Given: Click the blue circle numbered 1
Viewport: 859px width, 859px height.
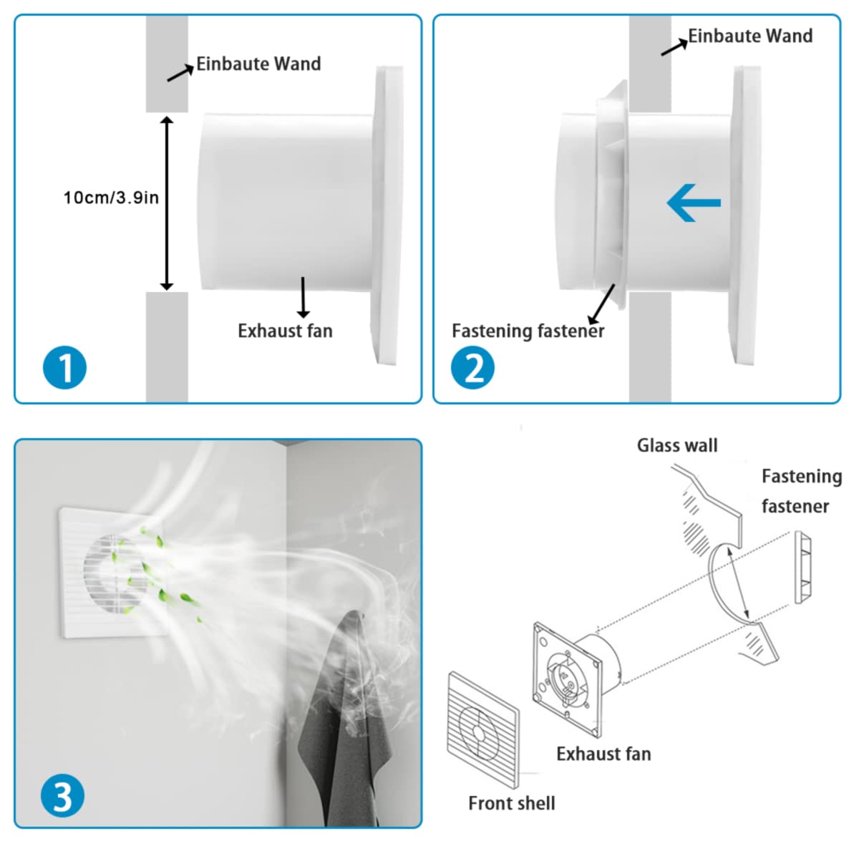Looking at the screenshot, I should point(64,369).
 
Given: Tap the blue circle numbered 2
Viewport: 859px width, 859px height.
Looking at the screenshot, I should point(472,369).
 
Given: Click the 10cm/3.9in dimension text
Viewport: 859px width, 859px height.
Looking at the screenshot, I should point(111,198).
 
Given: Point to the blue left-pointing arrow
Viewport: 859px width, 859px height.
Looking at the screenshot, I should point(693,203).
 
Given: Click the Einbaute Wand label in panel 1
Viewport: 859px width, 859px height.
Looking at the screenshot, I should point(258,64).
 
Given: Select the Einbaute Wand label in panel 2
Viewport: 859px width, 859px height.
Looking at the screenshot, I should point(749,36).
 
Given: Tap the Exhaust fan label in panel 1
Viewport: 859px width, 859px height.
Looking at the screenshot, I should point(285,331).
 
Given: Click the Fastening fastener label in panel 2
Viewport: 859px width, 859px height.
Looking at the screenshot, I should point(528,331).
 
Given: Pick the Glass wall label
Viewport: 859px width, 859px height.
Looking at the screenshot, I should point(676,445).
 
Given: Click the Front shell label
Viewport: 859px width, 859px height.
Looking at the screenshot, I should point(511,803).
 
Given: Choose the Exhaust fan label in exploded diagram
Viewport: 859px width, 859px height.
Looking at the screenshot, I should point(603,754).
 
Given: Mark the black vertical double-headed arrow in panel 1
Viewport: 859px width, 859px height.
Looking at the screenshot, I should point(167,203).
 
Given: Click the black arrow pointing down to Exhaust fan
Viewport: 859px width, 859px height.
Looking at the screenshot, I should point(304,296).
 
